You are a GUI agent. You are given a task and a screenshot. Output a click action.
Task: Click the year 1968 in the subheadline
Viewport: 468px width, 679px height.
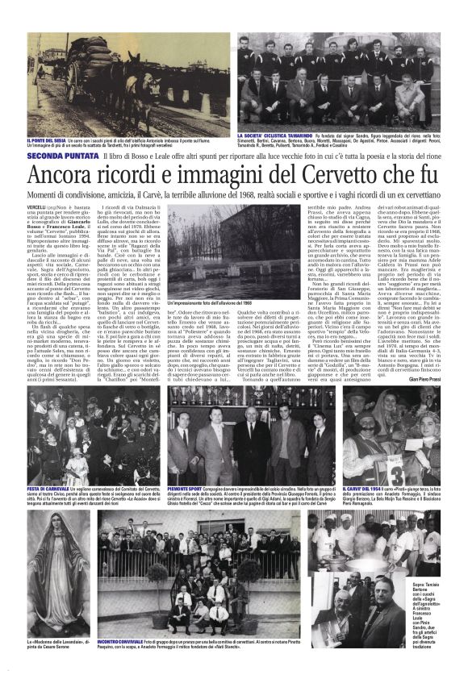tap(271, 196)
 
